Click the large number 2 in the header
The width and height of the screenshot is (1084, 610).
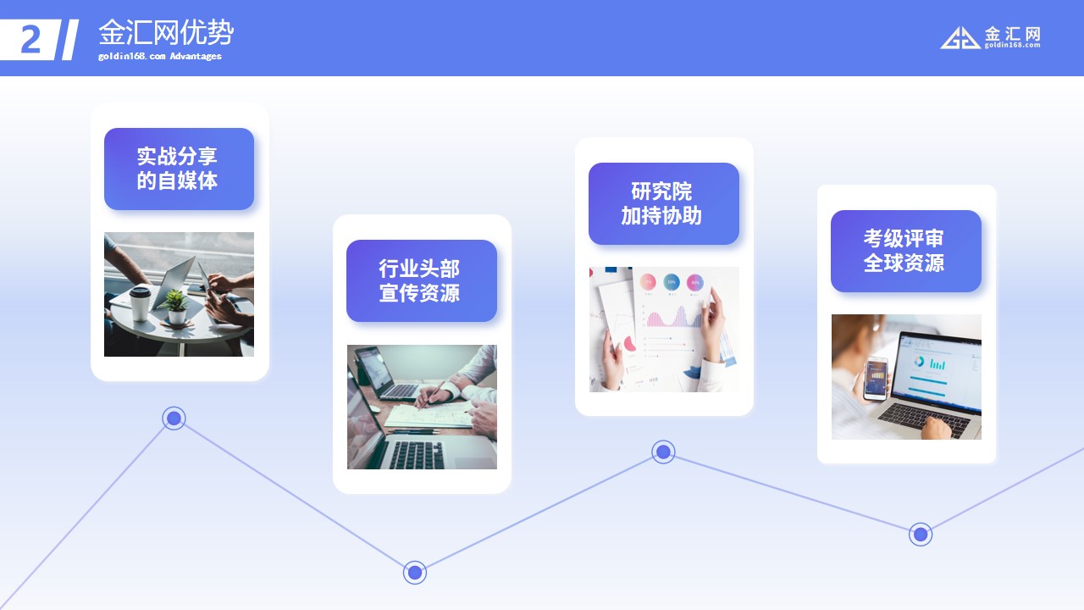pos(31,39)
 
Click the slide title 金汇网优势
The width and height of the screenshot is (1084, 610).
pos(166,33)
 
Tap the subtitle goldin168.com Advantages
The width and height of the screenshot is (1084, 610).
pos(160,56)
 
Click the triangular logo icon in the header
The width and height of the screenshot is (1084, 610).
pos(960,38)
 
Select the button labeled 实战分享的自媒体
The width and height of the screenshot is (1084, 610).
pos(179,169)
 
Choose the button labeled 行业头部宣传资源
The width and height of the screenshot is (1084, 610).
pos(422,280)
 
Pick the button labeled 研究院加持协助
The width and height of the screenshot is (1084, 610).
pos(664,204)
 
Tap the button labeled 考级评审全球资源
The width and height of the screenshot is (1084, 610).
pos(906,251)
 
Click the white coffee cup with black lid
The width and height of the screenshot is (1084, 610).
pos(141,303)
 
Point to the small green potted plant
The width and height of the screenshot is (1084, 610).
pos(175,307)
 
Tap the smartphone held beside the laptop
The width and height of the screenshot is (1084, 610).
pos(876,378)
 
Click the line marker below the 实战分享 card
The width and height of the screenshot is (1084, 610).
pos(174,418)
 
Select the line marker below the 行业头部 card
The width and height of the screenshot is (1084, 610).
pos(415,573)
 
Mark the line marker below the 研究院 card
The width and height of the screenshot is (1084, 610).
pos(663,452)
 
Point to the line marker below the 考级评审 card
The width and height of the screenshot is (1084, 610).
pos(921,535)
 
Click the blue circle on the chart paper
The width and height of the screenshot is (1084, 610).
pos(672,282)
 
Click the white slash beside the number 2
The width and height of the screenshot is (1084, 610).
pos(69,40)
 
